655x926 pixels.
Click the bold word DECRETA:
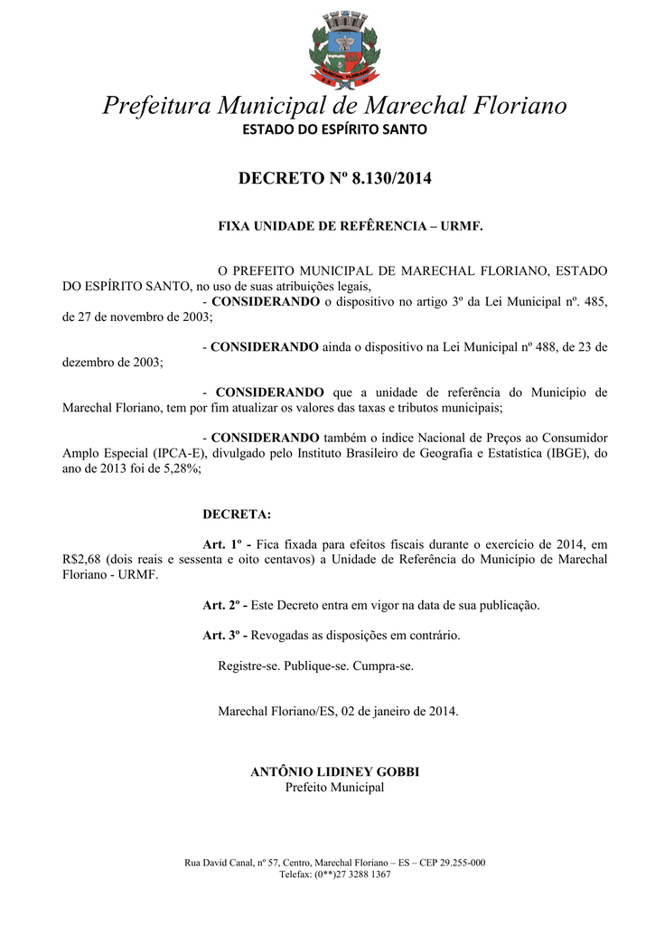click(x=237, y=515)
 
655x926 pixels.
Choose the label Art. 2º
click(x=225, y=605)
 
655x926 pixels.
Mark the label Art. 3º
click(x=225, y=635)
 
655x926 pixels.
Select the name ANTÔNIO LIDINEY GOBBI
click(x=334, y=772)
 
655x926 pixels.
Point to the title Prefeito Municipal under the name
click(x=334, y=788)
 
